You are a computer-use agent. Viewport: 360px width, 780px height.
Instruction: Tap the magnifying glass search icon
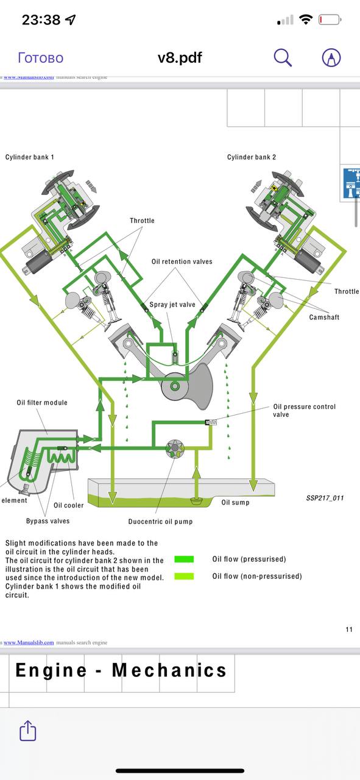tap(283, 57)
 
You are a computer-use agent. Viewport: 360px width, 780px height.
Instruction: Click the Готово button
tap(41, 58)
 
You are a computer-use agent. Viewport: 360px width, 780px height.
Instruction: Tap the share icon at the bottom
tap(27, 731)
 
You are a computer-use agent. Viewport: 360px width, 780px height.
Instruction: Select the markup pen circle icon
tap(331, 57)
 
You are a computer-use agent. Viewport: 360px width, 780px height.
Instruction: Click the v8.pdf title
tap(180, 57)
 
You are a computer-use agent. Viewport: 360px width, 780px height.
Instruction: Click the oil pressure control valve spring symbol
tap(211, 422)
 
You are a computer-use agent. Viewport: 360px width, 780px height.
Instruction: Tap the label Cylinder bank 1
tap(30, 157)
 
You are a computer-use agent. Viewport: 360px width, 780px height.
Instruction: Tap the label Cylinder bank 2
tap(252, 157)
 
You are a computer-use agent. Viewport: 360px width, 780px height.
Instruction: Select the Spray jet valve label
tap(172, 305)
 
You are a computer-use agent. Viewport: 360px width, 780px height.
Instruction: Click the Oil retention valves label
tap(182, 261)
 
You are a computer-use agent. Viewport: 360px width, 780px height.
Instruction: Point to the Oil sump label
tap(235, 502)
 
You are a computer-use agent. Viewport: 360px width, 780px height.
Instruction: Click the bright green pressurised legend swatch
tap(184, 559)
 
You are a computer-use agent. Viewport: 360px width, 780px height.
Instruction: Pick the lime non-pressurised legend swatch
tap(184, 576)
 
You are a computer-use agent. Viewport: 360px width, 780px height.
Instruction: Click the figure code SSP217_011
tap(325, 498)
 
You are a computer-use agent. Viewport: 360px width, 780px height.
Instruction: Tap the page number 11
tap(349, 629)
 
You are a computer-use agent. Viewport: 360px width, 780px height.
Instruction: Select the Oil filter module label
tap(42, 403)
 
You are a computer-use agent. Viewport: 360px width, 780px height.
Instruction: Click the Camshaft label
tap(324, 317)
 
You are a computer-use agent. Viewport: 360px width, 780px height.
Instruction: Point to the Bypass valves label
tap(48, 521)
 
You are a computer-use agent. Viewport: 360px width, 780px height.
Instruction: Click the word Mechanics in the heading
tap(169, 670)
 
